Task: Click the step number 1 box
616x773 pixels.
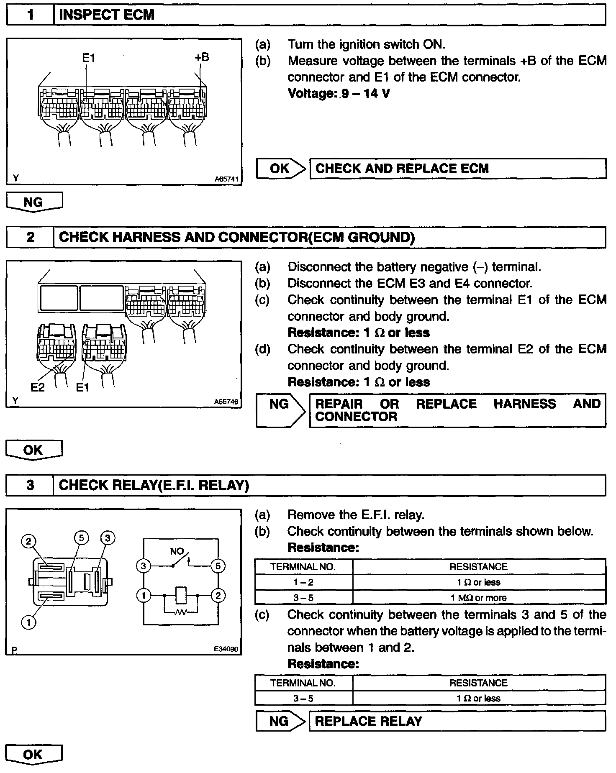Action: [30, 15]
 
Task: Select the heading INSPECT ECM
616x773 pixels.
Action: [107, 15]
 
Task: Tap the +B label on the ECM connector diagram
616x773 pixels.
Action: [201, 57]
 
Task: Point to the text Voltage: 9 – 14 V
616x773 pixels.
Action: [339, 93]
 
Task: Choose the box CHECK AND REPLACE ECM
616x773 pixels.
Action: [457, 169]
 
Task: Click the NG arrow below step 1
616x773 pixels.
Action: [34, 202]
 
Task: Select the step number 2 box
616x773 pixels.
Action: [30, 237]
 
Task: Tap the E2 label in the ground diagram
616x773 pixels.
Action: [37, 388]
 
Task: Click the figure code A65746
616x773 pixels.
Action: [226, 402]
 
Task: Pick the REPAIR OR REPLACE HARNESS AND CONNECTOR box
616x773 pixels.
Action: [457, 410]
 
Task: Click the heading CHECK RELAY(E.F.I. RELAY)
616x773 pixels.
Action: [154, 485]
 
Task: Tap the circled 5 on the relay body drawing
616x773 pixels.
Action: [81, 538]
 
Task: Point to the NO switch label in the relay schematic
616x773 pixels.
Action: [177, 551]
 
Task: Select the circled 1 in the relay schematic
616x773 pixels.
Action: [144, 595]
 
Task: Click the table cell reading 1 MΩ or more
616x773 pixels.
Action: [478, 598]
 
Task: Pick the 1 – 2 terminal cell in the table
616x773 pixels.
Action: [303, 582]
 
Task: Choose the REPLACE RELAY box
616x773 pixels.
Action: [457, 721]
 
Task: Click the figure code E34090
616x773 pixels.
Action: [226, 650]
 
